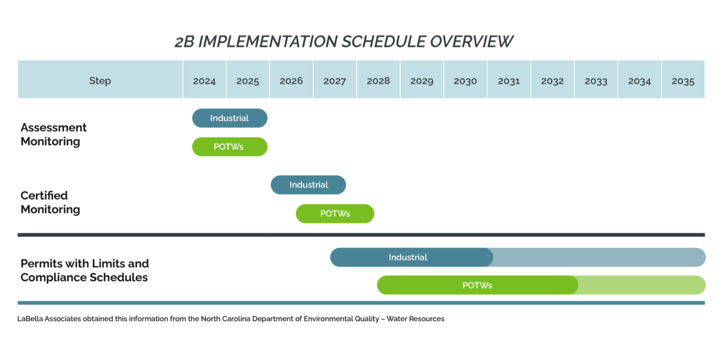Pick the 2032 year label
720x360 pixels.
552,81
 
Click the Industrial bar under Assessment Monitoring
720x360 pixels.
230,118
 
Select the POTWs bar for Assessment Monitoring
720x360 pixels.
230,147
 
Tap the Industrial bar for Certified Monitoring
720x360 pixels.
308,185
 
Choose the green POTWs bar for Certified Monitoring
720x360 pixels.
335,214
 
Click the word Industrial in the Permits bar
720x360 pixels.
408,257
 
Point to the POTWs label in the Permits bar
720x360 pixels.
478,285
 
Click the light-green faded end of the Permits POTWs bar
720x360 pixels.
642,285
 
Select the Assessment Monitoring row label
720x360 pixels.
53,134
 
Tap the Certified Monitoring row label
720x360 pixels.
50,202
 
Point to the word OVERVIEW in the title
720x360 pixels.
471,42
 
